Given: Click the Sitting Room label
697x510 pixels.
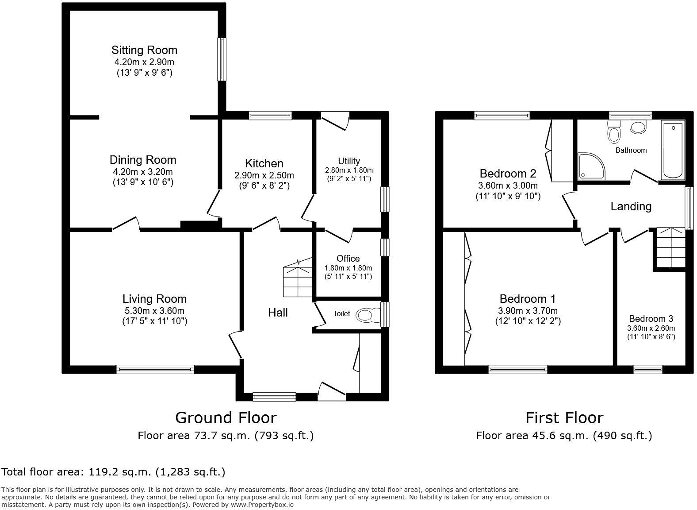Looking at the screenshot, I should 144,50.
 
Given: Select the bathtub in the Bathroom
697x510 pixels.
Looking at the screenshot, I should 672,151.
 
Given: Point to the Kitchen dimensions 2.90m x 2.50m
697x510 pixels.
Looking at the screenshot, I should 264,176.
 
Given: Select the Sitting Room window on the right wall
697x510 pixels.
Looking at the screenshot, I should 222,59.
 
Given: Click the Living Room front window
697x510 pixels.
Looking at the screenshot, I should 155,369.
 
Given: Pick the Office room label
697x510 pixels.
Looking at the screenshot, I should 348,259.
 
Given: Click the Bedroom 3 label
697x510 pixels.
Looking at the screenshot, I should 651,319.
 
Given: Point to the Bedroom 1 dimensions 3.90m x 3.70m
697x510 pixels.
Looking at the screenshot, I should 528,311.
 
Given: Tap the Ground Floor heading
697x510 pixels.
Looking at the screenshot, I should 226,417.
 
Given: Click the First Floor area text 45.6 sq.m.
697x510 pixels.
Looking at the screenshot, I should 564,436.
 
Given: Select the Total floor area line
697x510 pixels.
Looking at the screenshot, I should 114,472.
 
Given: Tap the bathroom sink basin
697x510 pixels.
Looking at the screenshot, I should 638,127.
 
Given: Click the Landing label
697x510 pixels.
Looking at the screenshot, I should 631,206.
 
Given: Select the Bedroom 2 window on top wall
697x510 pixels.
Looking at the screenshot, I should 502,116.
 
